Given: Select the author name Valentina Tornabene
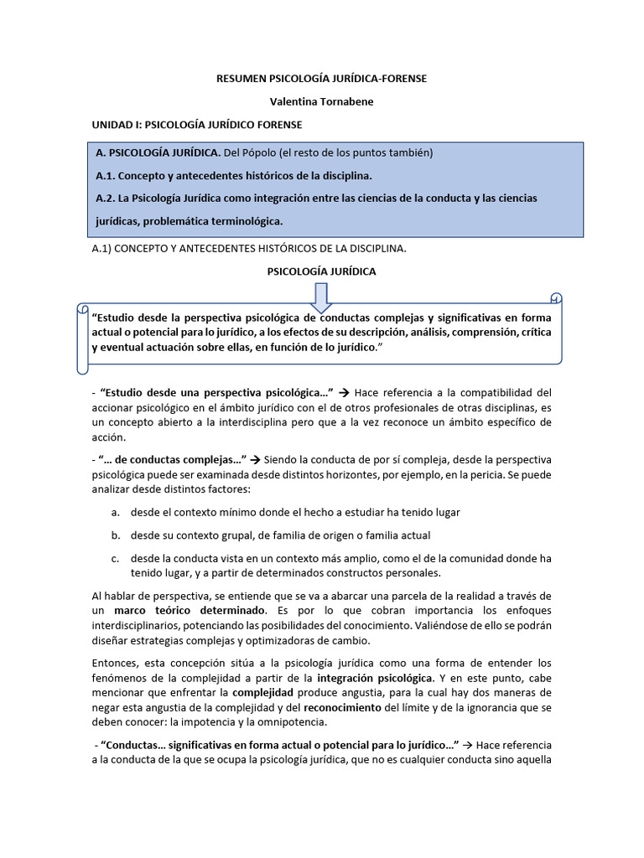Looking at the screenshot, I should tap(322, 101).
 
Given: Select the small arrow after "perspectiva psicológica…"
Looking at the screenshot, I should tap(344, 392).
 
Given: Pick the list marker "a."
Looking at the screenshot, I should tap(114, 512).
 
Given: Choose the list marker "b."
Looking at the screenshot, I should tap(114, 535).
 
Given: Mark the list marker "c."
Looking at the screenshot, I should tap(114, 558).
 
